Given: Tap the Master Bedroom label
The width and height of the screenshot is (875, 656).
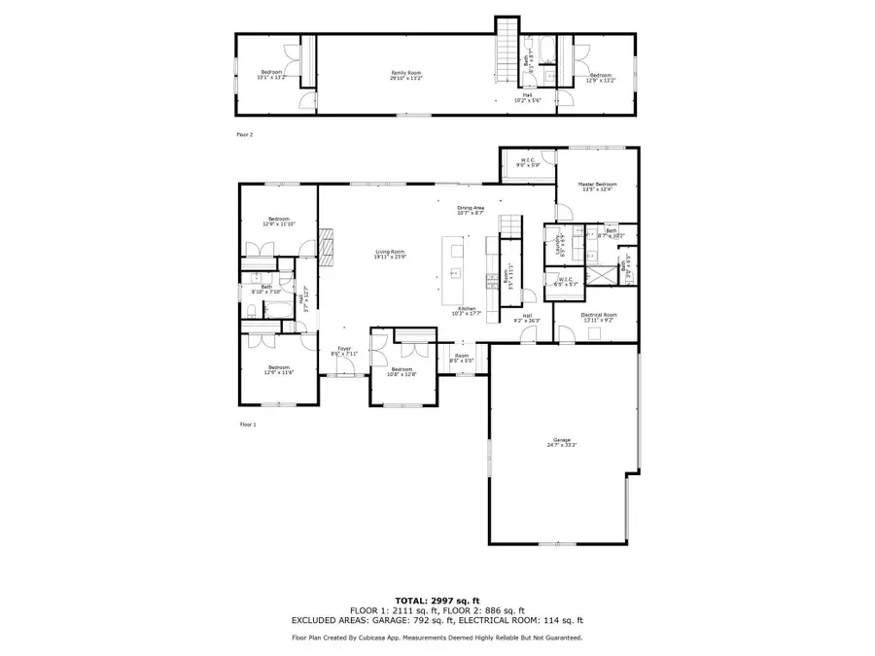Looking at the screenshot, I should pyautogui.click(x=598, y=187).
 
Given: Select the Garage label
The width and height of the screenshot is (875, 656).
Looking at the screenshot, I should pyautogui.click(x=562, y=442).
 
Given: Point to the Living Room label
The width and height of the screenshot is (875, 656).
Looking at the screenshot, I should pyautogui.click(x=390, y=255).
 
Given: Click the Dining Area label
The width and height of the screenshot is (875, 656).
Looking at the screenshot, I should pyautogui.click(x=472, y=210).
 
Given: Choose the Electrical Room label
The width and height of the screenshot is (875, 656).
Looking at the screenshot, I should pyautogui.click(x=599, y=317).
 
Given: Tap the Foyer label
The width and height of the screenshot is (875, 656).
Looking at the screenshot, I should pyautogui.click(x=344, y=351).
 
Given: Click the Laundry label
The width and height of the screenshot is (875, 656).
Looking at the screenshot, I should pyautogui.click(x=558, y=244).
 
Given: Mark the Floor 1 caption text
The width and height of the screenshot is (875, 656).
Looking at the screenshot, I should pyautogui.click(x=247, y=425).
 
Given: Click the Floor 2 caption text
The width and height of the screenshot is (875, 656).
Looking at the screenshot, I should pyautogui.click(x=245, y=135).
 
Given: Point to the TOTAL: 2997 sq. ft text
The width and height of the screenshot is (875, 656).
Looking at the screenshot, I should pyautogui.click(x=437, y=602).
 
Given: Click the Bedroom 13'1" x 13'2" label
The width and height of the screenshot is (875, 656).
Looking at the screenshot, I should pyautogui.click(x=272, y=75).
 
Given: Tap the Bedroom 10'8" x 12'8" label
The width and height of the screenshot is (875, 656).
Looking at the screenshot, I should pyautogui.click(x=402, y=371).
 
